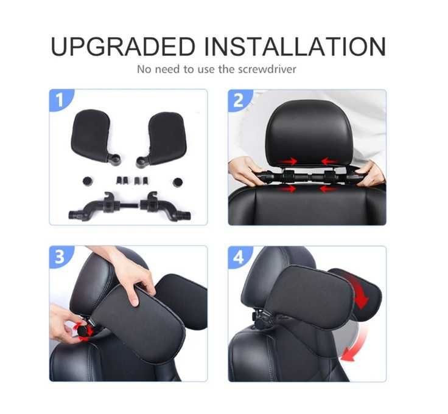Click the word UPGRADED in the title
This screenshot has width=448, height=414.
(123, 47)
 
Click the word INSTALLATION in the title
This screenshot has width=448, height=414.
(295, 47)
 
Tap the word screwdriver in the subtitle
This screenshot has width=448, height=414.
(267, 69)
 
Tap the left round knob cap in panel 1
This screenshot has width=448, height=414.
(88, 181)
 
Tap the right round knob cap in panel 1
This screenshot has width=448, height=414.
(178, 182)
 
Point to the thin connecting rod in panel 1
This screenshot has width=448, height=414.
(130, 205)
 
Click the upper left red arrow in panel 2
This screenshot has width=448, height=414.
(289, 162)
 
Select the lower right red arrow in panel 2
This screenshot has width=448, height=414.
(328, 188)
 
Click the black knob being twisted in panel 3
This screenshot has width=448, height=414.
(84, 331)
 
